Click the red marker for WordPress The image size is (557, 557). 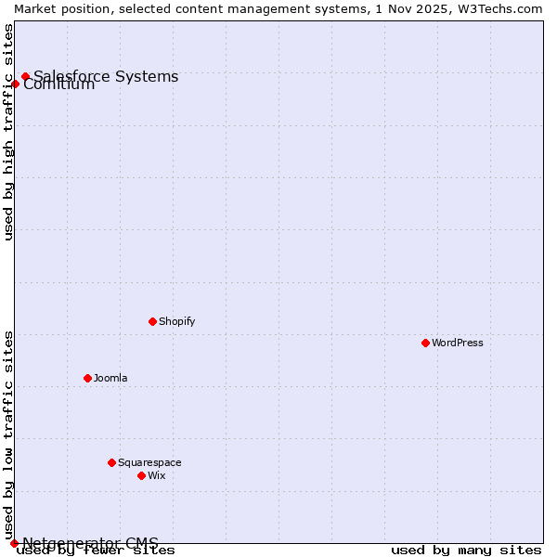click(x=425, y=343)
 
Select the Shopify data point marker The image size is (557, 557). click(x=152, y=321)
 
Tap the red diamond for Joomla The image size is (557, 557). click(x=87, y=378)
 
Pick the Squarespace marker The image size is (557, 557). click(x=111, y=462)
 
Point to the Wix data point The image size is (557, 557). click(x=141, y=475)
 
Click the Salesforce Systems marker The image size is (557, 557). click(x=25, y=76)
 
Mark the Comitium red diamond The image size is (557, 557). click(x=15, y=84)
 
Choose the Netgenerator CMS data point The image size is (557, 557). click(x=14, y=543)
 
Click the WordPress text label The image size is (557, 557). click(x=458, y=343)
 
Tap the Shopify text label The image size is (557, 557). click(x=177, y=321)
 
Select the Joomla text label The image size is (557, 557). click(x=110, y=378)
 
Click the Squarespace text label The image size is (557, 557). click(x=149, y=462)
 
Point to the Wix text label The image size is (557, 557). click(x=157, y=475)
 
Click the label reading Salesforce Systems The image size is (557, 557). click(x=106, y=76)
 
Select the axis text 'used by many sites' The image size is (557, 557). click(x=466, y=551)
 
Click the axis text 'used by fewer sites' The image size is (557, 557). click(x=97, y=551)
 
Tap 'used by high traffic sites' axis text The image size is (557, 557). click(x=9, y=132)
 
